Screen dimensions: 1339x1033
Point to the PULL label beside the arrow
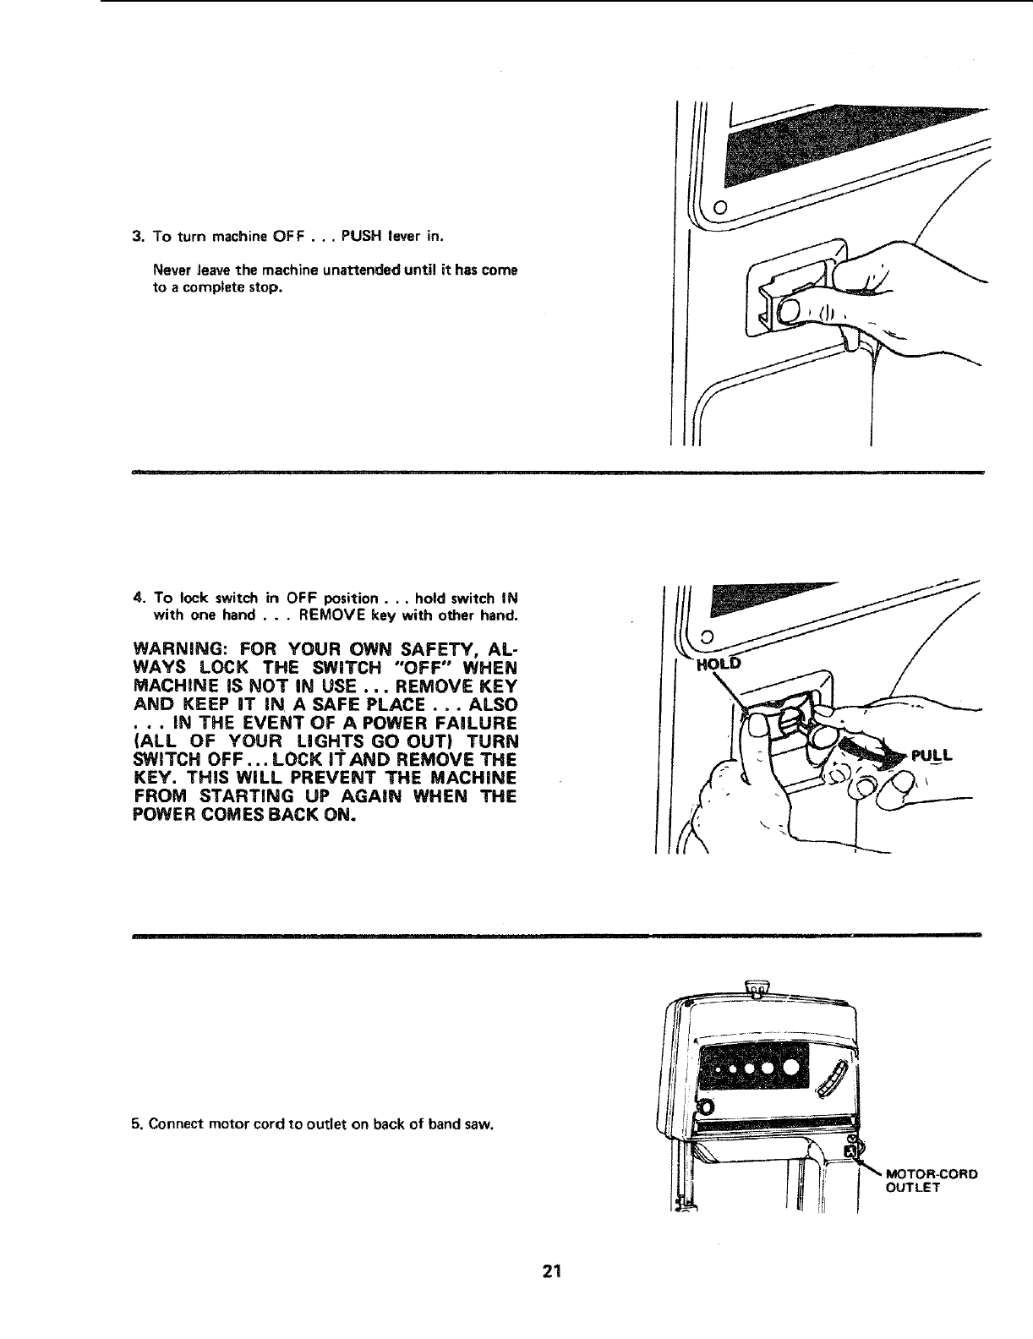(932, 756)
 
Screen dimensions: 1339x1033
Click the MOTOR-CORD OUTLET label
(929, 1180)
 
